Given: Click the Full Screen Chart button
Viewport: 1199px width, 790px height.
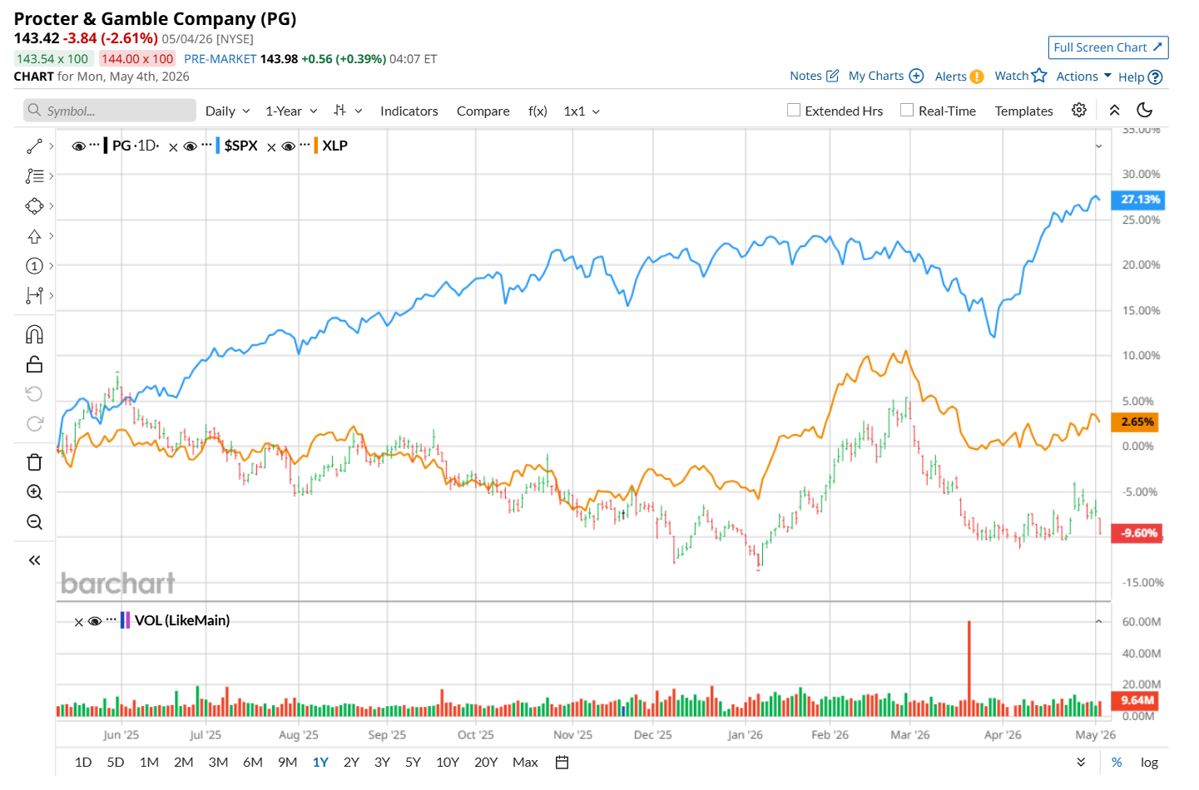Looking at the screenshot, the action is click(x=1107, y=47).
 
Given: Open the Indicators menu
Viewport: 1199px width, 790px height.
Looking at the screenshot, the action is click(x=409, y=111).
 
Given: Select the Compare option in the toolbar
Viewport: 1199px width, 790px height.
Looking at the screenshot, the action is click(x=483, y=111).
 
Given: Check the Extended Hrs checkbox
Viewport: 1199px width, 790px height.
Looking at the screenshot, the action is click(x=794, y=110).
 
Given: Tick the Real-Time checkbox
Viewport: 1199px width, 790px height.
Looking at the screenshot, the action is click(x=907, y=110).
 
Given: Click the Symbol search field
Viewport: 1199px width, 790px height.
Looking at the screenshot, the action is click(x=110, y=111).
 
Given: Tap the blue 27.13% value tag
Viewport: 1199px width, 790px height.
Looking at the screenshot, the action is click(x=1137, y=200).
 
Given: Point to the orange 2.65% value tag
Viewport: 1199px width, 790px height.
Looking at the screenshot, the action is click(x=1135, y=422).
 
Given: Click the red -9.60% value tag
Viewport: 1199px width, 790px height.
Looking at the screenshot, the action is click(x=1137, y=533).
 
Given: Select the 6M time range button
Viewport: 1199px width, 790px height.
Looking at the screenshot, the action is click(x=253, y=763).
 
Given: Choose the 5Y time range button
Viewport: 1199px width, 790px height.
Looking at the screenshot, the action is click(x=413, y=763).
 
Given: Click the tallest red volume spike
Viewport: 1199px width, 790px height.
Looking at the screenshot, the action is click(x=969, y=668).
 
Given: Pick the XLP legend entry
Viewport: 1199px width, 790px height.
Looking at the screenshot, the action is click(x=334, y=146).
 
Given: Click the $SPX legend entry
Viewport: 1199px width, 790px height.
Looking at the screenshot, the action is click(x=240, y=146).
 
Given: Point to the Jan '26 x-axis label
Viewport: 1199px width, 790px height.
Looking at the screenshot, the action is click(x=745, y=735).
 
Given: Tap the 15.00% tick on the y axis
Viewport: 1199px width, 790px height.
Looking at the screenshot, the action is click(x=1141, y=310).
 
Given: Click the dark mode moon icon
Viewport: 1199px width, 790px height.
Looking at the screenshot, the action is click(x=1144, y=110).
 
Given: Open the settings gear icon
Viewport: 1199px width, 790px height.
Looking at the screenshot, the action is click(x=1078, y=110).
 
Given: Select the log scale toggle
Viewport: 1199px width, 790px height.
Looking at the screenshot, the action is click(x=1149, y=763).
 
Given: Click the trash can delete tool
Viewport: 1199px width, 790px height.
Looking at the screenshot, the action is click(x=34, y=462).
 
